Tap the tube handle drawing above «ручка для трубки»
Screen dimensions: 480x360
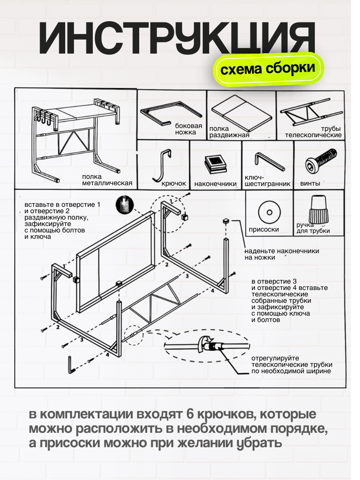[x=318, y=209]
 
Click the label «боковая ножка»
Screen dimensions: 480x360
[x=186, y=129]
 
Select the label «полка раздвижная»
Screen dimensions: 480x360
[x=229, y=132]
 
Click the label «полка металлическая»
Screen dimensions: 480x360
[x=107, y=180]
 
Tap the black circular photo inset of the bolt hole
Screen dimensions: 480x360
[x=124, y=204]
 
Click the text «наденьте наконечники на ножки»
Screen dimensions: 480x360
[x=282, y=254]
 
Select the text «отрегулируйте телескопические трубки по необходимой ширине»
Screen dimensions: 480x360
[x=292, y=364]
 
